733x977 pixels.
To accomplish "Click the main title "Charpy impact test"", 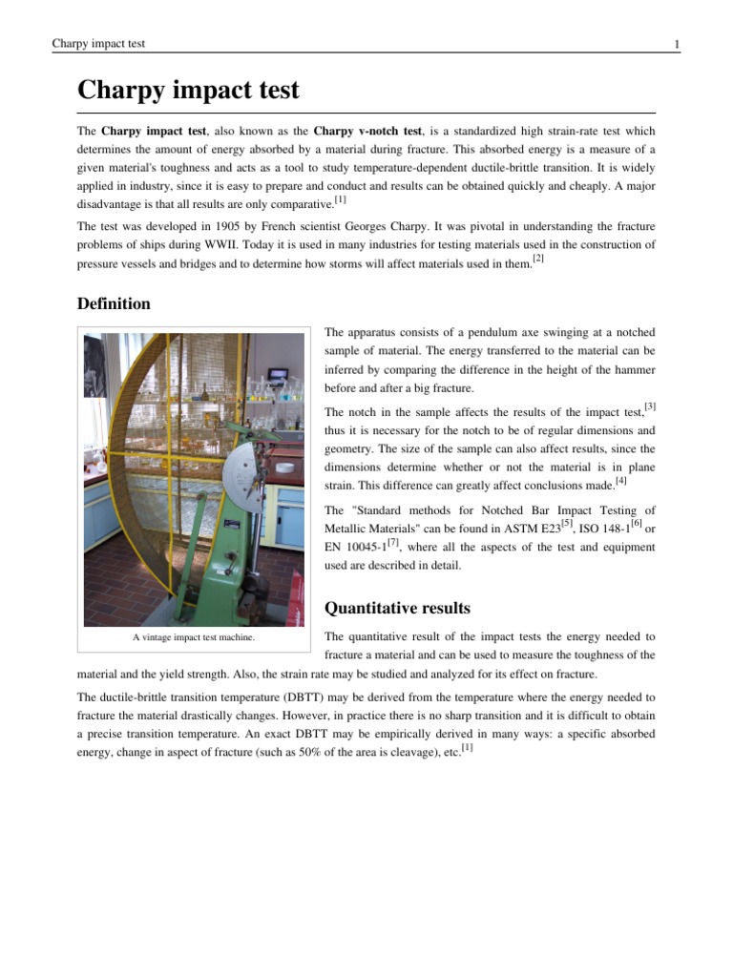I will (188, 91).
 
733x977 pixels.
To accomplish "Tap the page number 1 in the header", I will (676, 44).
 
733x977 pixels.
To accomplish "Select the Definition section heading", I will (114, 303).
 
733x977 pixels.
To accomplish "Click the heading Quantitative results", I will (397, 608).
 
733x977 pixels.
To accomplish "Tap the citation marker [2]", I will (538, 259).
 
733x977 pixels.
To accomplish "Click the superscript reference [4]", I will (620, 481).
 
